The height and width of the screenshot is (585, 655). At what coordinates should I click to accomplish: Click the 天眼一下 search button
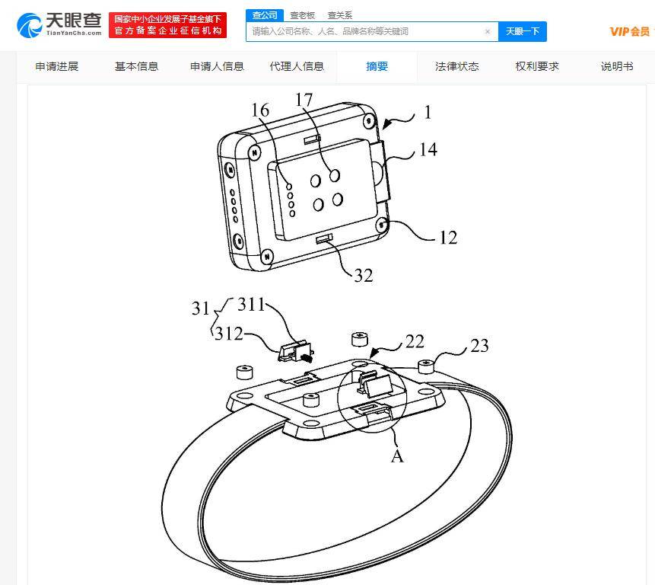point(522,31)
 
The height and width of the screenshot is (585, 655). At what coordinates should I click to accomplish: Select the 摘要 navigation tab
point(377,66)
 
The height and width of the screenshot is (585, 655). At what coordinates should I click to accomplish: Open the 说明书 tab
point(617,66)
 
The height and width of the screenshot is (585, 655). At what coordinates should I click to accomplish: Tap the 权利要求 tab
point(537,66)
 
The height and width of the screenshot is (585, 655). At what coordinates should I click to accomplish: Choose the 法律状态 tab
point(457,66)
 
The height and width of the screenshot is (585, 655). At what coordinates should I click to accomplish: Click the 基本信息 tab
point(137,66)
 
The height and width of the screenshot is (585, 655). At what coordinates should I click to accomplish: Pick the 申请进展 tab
point(57,66)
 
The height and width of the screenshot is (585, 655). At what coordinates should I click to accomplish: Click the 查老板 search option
point(302,15)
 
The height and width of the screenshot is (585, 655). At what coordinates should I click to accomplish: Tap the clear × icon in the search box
point(487,31)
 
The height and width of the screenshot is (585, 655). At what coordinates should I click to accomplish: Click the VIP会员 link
point(630,32)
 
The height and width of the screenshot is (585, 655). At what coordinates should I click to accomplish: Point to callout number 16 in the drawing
point(260,110)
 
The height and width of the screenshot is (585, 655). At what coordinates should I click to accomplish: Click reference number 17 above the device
point(304,100)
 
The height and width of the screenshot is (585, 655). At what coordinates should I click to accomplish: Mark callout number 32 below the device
point(364,276)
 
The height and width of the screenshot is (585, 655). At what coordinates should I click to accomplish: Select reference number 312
point(228,334)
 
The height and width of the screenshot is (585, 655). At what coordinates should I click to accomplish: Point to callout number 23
point(479,346)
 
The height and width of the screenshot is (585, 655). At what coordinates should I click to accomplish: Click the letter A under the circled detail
point(397,456)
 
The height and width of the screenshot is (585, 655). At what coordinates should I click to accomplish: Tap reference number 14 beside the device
point(428,150)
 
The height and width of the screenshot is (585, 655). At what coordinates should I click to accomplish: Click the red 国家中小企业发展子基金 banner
point(167,25)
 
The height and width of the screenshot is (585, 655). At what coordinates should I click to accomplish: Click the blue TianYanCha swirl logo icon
point(29,25)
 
